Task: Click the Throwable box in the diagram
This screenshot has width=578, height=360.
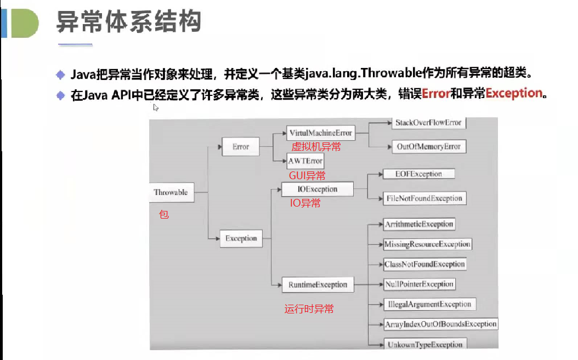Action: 171,192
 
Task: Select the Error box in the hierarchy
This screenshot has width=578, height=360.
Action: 240,147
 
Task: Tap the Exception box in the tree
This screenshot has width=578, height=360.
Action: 241,238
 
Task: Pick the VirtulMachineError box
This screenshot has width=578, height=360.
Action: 320,133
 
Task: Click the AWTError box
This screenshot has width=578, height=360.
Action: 305,161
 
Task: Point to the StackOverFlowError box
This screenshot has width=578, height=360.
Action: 428,123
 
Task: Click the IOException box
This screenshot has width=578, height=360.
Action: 317,190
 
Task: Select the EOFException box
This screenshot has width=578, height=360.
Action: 418,174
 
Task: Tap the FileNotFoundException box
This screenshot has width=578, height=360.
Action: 424,198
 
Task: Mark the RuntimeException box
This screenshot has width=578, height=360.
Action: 318,284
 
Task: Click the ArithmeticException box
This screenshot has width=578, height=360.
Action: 419,224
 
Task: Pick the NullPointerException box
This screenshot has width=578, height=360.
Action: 419,284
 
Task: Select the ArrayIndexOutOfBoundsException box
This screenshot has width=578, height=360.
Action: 440,324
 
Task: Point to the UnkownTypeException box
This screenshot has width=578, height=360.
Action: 424,344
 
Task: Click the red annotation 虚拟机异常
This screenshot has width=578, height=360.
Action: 316,146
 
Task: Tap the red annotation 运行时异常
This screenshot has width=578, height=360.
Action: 309,309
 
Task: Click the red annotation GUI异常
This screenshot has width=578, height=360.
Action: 307,175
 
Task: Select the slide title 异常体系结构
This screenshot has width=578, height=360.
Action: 129,22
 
